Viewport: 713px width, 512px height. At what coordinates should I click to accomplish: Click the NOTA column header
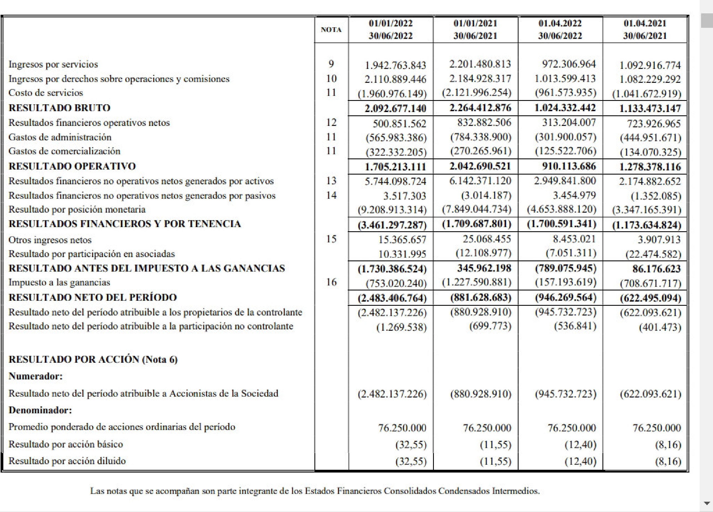(x=331, y=29)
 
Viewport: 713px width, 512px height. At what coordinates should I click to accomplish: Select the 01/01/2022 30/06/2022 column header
(x=391, y=29)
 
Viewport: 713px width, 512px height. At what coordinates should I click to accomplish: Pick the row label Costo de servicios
(x=46, y=93)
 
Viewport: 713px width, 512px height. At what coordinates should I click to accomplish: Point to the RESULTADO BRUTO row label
(x=59, y=108)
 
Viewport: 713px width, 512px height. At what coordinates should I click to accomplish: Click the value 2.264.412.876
(x=480, y=108)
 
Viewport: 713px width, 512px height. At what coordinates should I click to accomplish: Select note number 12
(x=331, y=122)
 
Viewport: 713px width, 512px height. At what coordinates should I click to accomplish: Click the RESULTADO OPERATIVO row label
(x=72, y=166)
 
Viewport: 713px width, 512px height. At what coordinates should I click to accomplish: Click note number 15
(x=331, y=239)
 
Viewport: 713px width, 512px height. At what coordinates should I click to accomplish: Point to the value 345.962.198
(x=484, y=268)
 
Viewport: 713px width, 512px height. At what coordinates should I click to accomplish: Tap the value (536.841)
(x=575, y=326)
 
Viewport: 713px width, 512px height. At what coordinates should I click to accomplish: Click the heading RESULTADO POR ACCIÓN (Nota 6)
(x=93, y=359)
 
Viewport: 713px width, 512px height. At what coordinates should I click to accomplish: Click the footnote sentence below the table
(x=315, y=491)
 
